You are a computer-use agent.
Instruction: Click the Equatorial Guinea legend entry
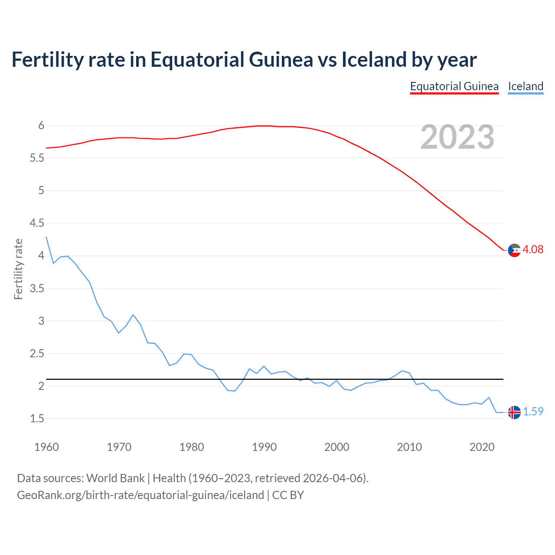tap(454, 86)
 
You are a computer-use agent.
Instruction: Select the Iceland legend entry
tap(526, 86)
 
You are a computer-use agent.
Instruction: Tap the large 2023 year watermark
tap(457, 137)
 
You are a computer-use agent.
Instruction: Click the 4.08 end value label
tap(533, 249)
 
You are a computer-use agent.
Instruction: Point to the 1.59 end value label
tap(533, 411)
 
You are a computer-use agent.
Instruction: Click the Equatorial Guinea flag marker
tap(514, 250)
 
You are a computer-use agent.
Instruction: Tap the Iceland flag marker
tap(514, 412)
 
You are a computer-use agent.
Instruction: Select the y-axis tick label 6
tap(41, 126)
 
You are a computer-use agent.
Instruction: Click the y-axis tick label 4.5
tap(37, 223)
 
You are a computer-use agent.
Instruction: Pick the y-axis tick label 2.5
tap(37, 353)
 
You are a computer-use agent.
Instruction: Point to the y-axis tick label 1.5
tap(37, 418)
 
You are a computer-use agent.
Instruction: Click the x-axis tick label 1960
tap(46, 447)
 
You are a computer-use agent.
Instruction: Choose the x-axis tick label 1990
tap(264, 447)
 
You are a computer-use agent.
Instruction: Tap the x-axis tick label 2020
tap(482, 447)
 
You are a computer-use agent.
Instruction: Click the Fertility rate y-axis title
tap(18, 269)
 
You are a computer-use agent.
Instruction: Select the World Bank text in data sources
tap(115, 478)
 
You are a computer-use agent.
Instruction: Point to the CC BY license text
tap(288, 495)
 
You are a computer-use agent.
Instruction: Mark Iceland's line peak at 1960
tap(46, 237)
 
